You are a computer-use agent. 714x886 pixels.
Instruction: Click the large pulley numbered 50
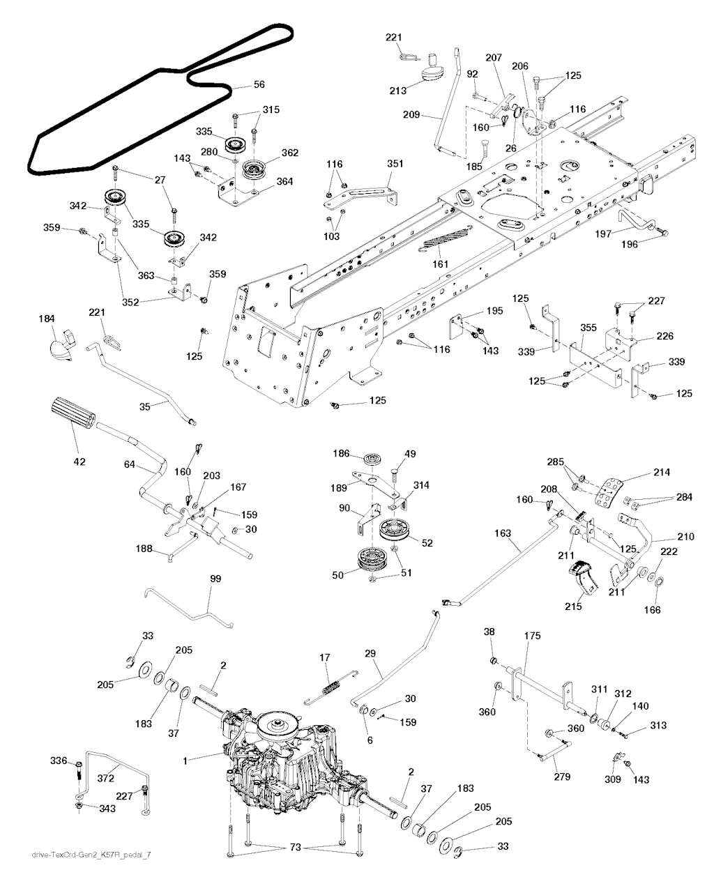point(373,559)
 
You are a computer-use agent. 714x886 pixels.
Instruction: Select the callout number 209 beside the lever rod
point(411,115)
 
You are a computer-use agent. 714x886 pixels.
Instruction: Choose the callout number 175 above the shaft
point(532,636)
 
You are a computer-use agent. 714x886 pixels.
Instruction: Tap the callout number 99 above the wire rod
point(215,579)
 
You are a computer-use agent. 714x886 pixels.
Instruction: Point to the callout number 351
point(395,165)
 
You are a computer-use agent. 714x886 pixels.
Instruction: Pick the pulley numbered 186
point(375,462)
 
